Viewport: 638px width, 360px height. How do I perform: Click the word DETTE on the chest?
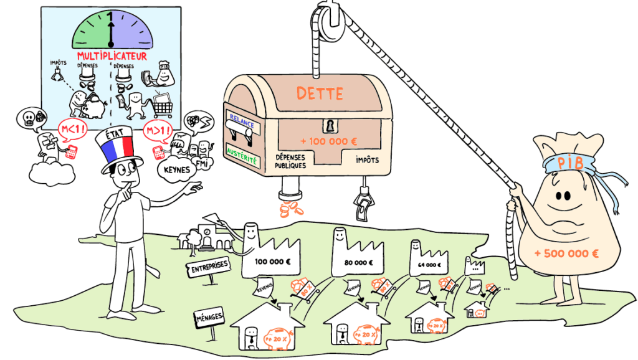tap(320, 94)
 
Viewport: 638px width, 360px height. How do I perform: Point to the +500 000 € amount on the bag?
tap(566, 253)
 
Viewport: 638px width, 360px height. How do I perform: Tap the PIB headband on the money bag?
tap(564, 163)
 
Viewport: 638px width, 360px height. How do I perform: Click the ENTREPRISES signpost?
tap(207, 267)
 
